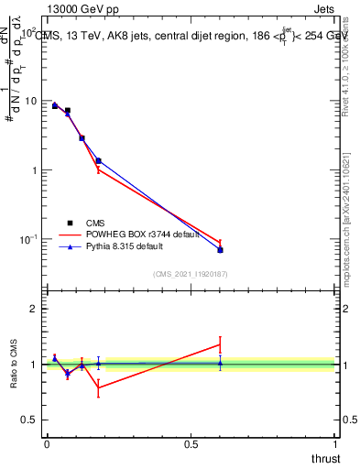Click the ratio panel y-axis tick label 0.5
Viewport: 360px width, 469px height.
(x=28, y=420)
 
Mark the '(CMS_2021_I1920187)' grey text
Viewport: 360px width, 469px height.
(x=190, y=274)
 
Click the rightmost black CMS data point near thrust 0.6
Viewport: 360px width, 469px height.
(x=220, y=250)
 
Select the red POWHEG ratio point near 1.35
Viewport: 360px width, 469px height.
(x=220, y=344)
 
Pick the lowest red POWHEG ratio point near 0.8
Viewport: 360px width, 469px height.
(x=98, y=387)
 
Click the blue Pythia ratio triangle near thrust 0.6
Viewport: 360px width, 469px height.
(x=220, y=363)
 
